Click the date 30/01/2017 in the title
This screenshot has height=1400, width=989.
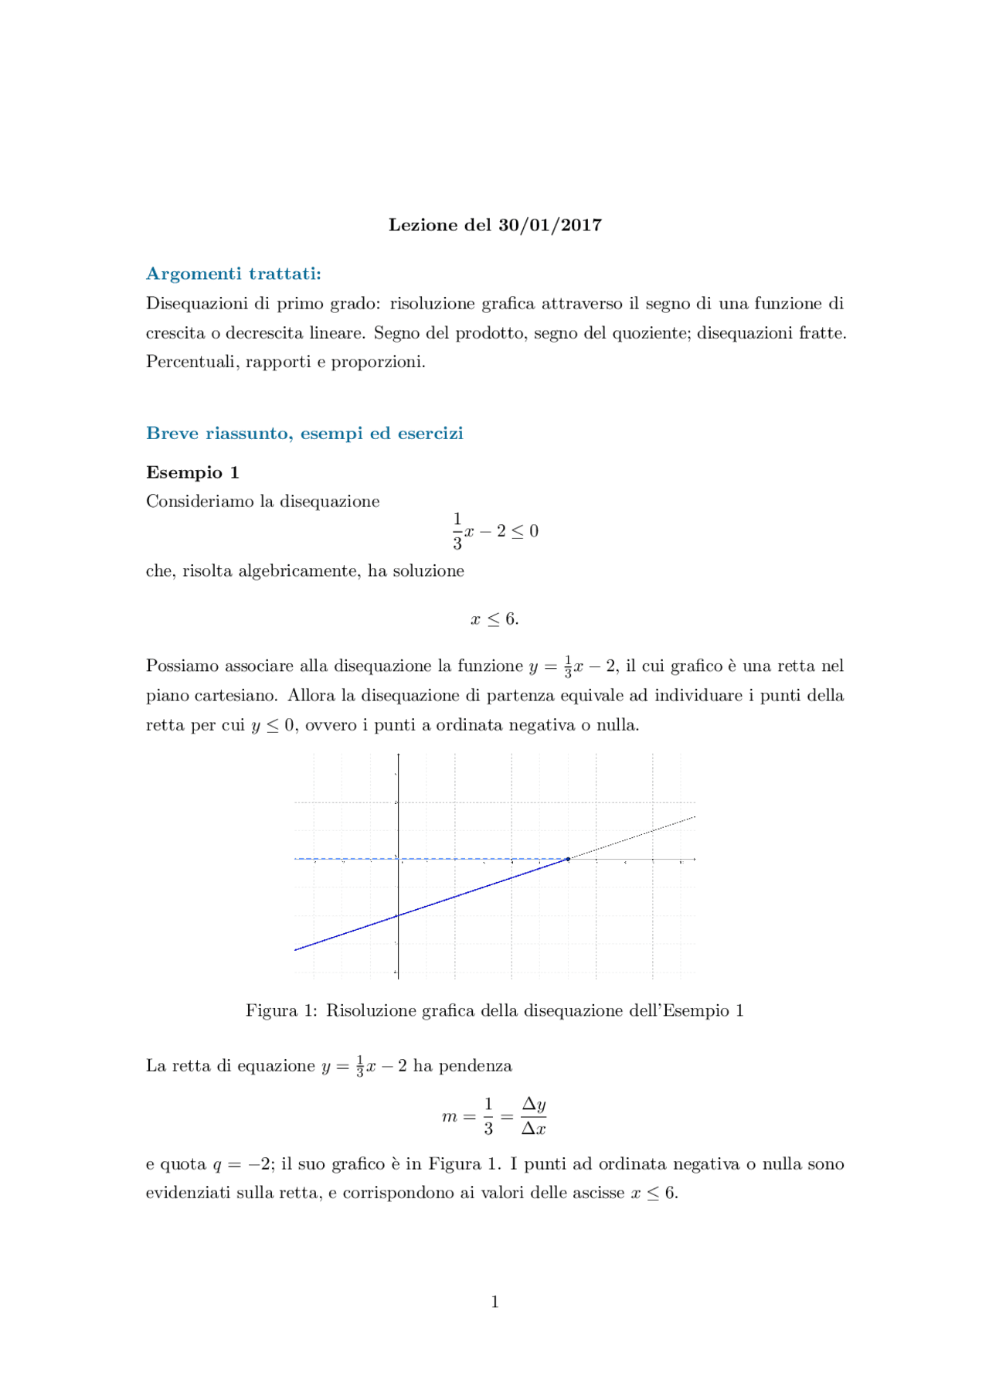(x=550, y=225)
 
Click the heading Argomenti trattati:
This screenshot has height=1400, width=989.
(x=233, y=274)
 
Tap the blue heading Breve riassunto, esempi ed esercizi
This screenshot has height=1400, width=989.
(x=304, y=433)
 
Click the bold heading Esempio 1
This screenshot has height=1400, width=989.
(x=192, y=472)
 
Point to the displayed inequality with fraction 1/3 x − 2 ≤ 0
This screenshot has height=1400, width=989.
(x=494, y=531)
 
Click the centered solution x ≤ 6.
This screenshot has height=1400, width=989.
(x=494, y=619)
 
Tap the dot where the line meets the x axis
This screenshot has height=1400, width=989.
(x=568, y=859)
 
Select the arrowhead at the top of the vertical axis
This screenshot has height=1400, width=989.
(x=398, y=755)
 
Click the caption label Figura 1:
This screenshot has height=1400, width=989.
(x=281, y=1011)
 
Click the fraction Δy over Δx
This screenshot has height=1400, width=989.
(x=533, y=1116)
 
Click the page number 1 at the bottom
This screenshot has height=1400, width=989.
(x=494, y=1303)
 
